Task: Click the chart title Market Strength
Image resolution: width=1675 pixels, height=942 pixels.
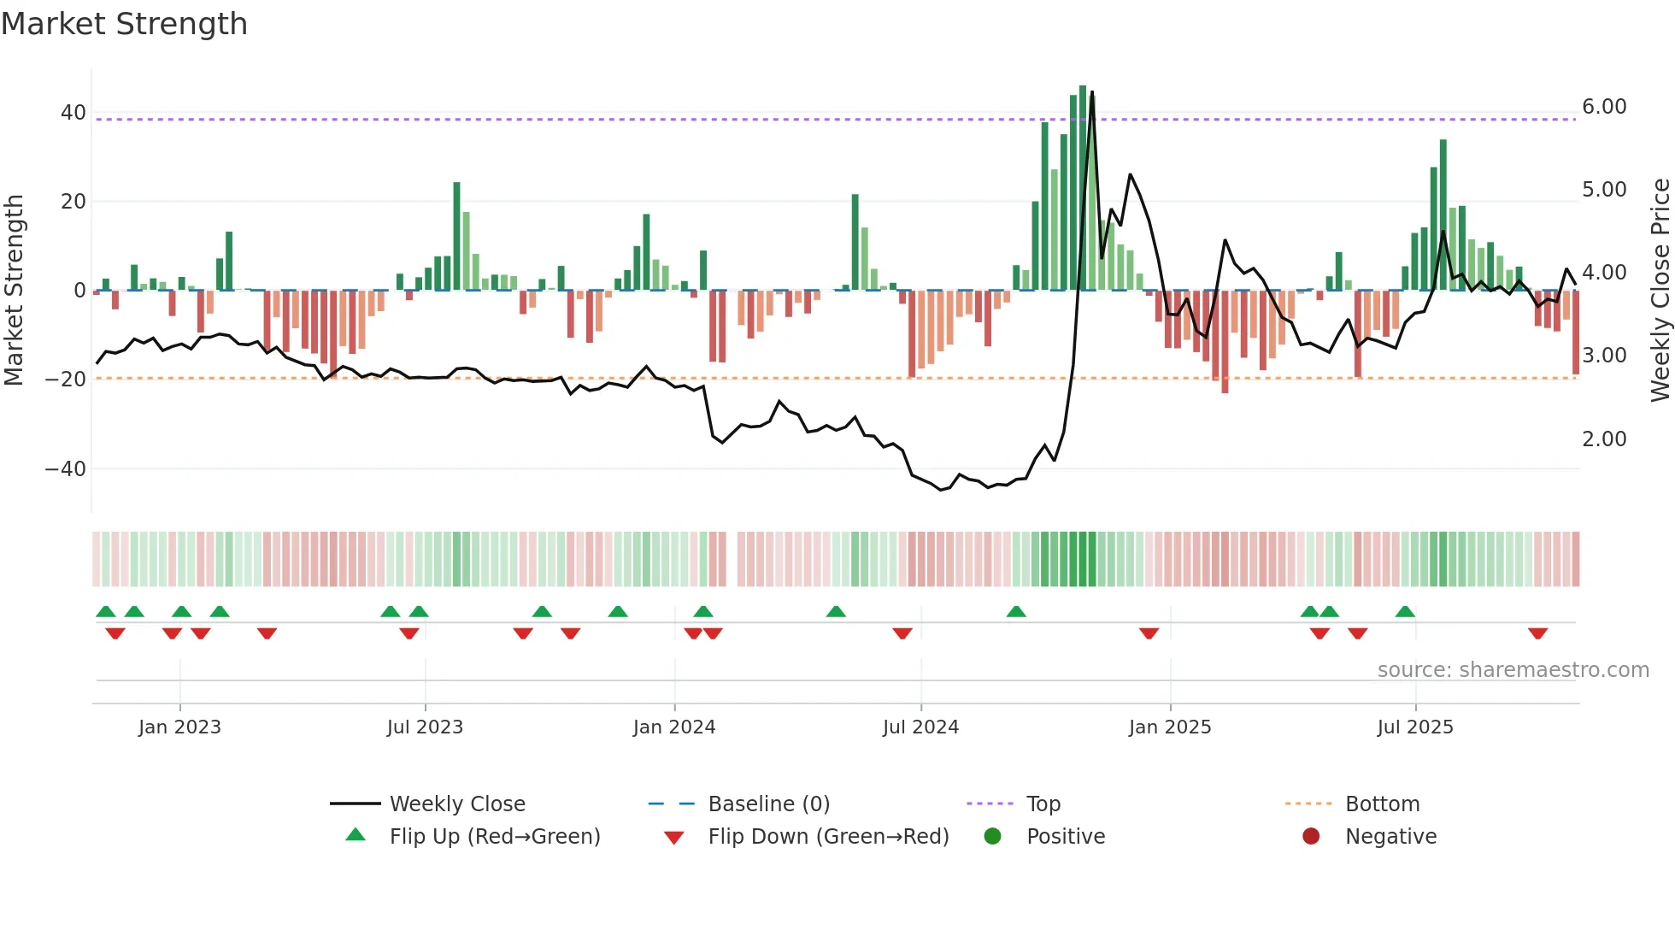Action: (124, 24)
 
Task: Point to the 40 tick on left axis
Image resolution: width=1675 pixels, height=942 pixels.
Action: (73, 113)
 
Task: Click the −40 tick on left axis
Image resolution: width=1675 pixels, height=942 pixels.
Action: (66, 469)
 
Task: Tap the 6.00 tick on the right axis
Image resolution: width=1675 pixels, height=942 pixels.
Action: (1604, 107)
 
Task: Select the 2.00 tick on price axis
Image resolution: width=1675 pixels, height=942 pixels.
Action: (1604, 439)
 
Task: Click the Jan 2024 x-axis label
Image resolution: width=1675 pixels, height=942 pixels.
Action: (673, 727)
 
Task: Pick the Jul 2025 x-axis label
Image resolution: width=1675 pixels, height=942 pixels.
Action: (1414, 727)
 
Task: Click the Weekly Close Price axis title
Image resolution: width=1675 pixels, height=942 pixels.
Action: (1660, 291)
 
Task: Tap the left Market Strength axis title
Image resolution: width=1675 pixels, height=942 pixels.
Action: (14, 291)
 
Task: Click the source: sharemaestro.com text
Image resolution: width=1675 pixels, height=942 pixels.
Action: (1513, 670)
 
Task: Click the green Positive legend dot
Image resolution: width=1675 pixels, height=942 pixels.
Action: (992, 837)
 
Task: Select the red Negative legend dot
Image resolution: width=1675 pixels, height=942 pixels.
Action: (1311, 837)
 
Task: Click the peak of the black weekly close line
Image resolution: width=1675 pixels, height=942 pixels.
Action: (1091, 92)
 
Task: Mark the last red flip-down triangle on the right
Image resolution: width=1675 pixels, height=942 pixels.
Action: (1537, 633)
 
